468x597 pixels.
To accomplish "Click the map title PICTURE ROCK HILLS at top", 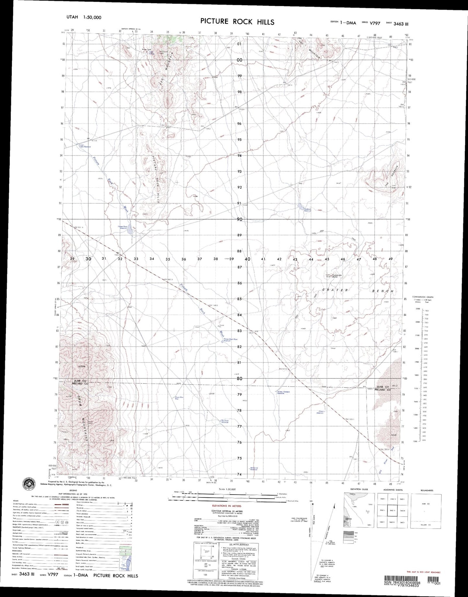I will tap(237, 22).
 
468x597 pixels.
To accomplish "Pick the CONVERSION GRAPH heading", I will tap(422, 297).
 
